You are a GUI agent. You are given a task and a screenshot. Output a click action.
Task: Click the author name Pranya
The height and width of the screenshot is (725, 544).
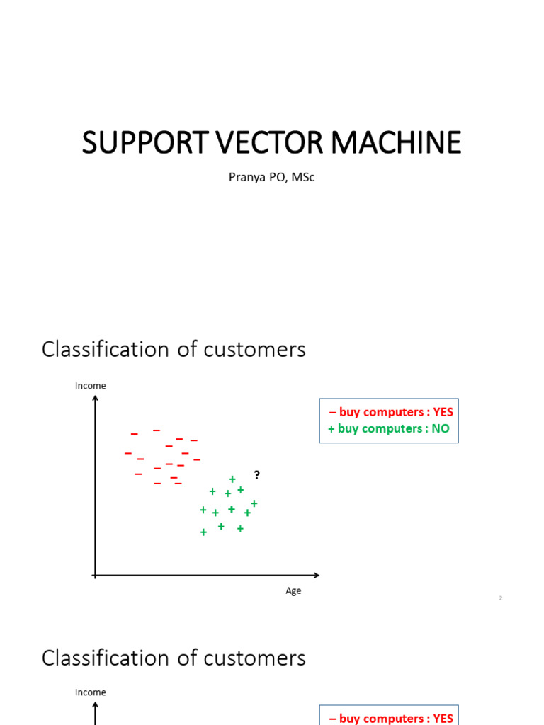click(x=245, y=177)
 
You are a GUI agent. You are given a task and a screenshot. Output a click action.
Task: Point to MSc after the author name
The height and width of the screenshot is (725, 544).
click(x=302, y=177)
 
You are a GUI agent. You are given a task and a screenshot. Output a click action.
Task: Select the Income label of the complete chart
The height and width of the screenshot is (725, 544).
click(x=91, y=386)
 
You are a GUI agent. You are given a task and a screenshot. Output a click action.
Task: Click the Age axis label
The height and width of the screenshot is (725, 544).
click(x=293, y=591)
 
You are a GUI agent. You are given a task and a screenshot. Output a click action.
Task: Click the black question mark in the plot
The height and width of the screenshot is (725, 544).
click(x=257, y=475)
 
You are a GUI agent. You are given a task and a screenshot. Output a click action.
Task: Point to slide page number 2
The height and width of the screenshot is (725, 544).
click(x=501, y=599)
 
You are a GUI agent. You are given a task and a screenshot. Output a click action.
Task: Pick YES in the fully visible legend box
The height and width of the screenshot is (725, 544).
click(x=443, y=412)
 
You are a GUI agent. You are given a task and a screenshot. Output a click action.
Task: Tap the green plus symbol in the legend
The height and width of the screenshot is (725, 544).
click(x=331, y=428)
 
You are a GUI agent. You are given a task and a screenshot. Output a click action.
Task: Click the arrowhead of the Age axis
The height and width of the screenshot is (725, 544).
click(x=316, y=575)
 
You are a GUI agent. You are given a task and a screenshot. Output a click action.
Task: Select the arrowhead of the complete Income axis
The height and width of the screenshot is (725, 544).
click(x=95, y=399)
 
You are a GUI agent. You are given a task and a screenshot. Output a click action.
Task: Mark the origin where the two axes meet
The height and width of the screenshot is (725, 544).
click(x=95, y=575)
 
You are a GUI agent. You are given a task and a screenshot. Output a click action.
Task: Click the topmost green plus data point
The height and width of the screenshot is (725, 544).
click(x=232, y=479)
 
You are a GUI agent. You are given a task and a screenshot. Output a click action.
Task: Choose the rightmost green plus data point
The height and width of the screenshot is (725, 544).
click(x=254, y=503)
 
